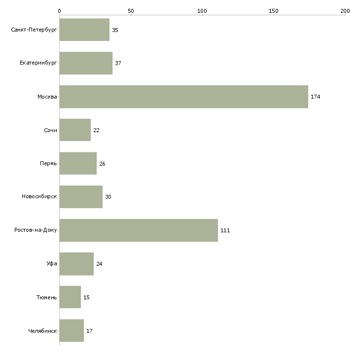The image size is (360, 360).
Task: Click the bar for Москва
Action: pyautogui.click(x=183, y=97)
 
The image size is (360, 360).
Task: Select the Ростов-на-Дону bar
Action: pyautogui.click(x=139, y=230)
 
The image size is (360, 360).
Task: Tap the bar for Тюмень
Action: pyautogui.click(x=70, y=297)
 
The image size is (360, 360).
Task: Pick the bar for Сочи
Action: pyautogui.click(x=75, y=130)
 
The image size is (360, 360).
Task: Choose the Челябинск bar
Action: pyautogui.click(x=72, y=330)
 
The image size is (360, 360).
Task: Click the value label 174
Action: pyautogui.click(x=315, y=97)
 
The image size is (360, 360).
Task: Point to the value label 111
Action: pyautogui.click(x=225, y=230)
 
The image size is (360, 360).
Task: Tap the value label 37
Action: pyautogui.click(x=118, y=63)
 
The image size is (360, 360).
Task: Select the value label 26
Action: pyautogui.click(x=102, y=164)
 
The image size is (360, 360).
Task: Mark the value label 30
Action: pyautogui.click(x=108, y=197)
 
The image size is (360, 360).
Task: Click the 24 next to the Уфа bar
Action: pyautogui.click(x=99, y=264)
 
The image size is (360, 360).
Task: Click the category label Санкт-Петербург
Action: pyautogui.click(x=34, y=30)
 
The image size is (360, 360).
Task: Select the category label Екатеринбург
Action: pyautogui.click(x=38, y=63)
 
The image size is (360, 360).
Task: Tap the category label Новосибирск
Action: pyautogui.click(x=39, y=197)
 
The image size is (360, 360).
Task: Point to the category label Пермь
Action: pyautogui.click(x=48, y=163)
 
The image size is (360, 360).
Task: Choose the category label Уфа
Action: pyautogui.click(x=52, y=263)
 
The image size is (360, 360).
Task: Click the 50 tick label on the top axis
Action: pyautogui.click(x=131, y=11)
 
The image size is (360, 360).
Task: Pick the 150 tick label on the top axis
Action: pyautogui.click(x=273, y=11)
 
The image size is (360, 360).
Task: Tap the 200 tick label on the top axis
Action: pyautogui.click(x=345, y=11)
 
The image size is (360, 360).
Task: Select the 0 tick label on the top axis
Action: pyautogui.click(x=60, y=11)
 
